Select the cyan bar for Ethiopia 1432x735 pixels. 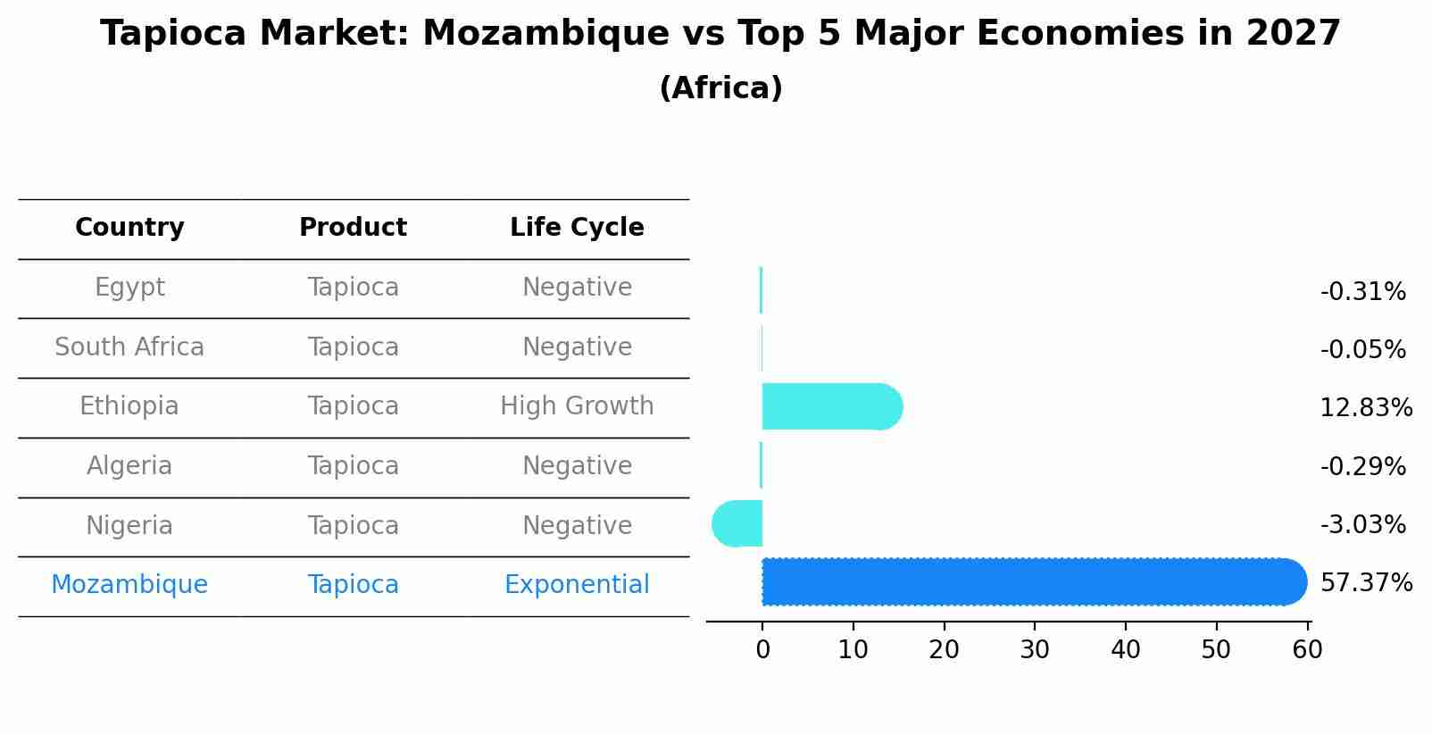pyautogui.click(x=831, y=406)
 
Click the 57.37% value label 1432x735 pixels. pyautogui.click(x=1366, y=583)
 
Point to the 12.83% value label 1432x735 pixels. pyautogui.click(x=1366, y=408)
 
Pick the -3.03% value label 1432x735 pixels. pyautogui.click(x=1362, y=524)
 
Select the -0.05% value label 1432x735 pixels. pyautogui.click(x=1362, y=350)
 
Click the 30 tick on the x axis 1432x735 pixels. pyautogui.click(x=1035, y=650)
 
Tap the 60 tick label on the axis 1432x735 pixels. pyautogui.click(x=1307, y=650)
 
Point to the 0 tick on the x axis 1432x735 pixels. pyautogui.click(x=762, y=650)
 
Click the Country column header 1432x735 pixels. pyautogui.click(x=129, y=228)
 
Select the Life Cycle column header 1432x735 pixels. pyautogui.click(x=577, y=228)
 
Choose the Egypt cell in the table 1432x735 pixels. pyautogui.click(x=129, y=288)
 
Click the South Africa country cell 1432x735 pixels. pyautogui.click(x=129, y=347)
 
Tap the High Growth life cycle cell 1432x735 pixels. pyautogui.click(x=577, y=406)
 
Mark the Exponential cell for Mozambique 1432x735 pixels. pyautogui.click(x=577, y=585)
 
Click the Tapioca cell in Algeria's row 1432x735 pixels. pyautogui.click(x=353, y=466)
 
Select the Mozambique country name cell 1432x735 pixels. pyautogui.click(x=129, y=585)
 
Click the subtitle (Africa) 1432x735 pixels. pyautogui.click(x=720, y=88)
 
